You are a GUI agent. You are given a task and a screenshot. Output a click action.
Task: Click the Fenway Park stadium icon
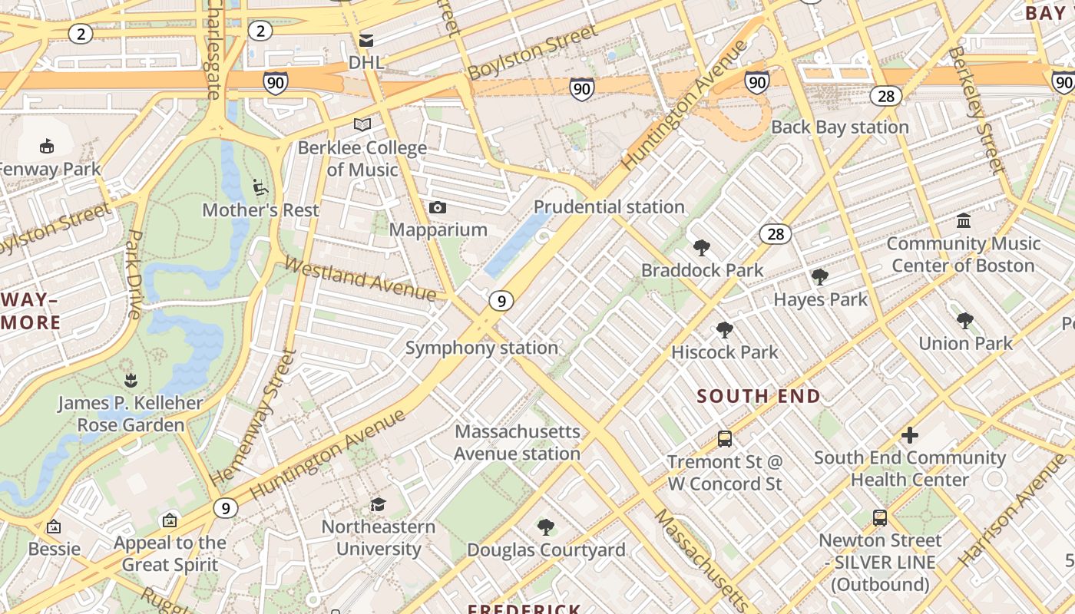(47, 146)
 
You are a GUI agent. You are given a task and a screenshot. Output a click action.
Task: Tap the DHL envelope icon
(366, 40)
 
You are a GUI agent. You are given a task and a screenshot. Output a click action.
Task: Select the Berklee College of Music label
(362, 159)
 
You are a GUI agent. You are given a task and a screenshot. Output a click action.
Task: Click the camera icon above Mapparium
(438, 208)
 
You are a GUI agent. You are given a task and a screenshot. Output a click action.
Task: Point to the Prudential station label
(609, 206)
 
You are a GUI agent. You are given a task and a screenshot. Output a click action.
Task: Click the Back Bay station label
(840, 127)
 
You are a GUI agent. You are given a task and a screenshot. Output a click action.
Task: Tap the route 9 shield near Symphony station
(501, 301)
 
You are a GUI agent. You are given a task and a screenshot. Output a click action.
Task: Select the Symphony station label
(481, 348)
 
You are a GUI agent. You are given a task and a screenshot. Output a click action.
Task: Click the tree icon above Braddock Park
(701, 248)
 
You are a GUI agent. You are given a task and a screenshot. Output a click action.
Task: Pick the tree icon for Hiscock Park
(724, 330)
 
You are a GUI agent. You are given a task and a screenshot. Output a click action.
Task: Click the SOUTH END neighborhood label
(759, 396)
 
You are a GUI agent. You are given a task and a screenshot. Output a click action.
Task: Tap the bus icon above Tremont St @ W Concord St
(724, 439)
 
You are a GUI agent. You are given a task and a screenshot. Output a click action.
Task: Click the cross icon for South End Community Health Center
(910, 436)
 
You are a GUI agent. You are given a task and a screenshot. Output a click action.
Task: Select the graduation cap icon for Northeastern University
(378, 504)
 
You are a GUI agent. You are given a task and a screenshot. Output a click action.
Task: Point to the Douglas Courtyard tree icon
(546, 527)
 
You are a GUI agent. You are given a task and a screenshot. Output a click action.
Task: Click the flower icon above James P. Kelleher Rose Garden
(131, 380)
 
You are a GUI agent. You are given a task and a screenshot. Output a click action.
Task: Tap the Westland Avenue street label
(360, 278)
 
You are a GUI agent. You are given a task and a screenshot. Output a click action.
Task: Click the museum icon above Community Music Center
(964, 222)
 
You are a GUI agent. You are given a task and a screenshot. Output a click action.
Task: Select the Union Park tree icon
(965, 321)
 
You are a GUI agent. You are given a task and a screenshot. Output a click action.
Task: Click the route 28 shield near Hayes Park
(776, 234)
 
